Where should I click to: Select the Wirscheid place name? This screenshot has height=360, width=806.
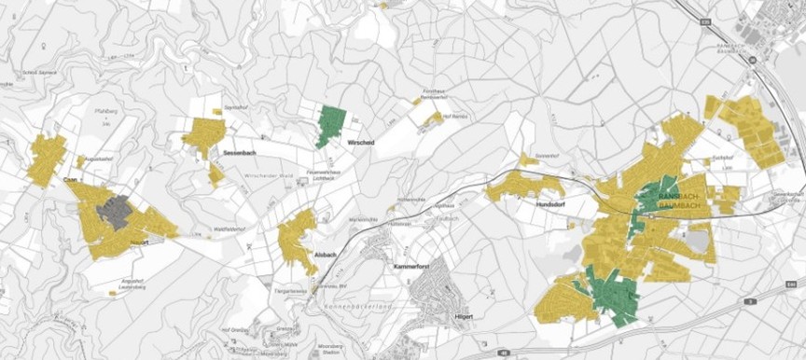click(x=360, y=143)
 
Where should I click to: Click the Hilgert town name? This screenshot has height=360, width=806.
click(x=463, y=317)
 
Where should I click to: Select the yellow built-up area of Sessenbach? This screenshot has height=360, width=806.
click(x=203, y=135)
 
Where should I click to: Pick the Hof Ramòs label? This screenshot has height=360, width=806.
click(x=452, y=115)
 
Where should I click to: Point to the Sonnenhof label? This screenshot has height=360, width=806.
click(x=548, y=155)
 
